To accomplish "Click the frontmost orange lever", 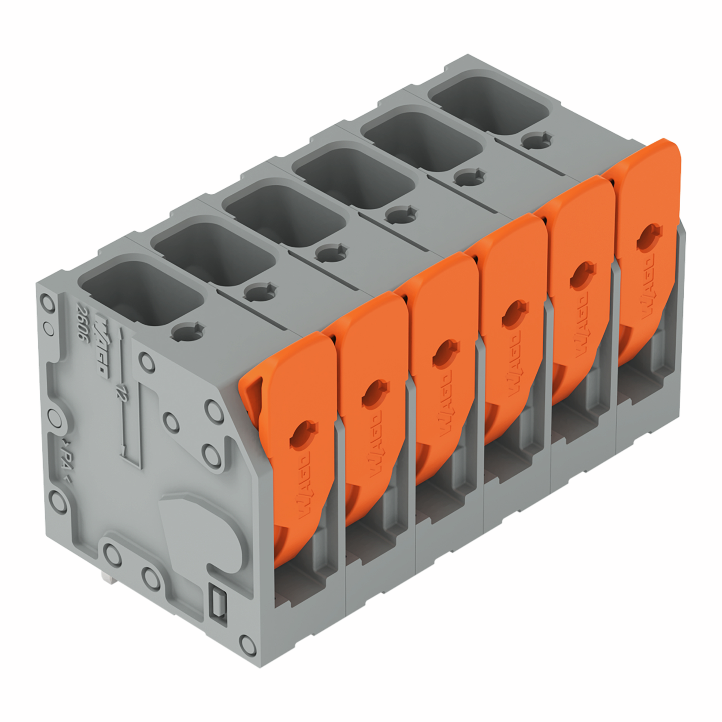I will pyautogui.click(x=295, y=449).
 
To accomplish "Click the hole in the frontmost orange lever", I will pyautogui.click(x=303, y=434).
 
